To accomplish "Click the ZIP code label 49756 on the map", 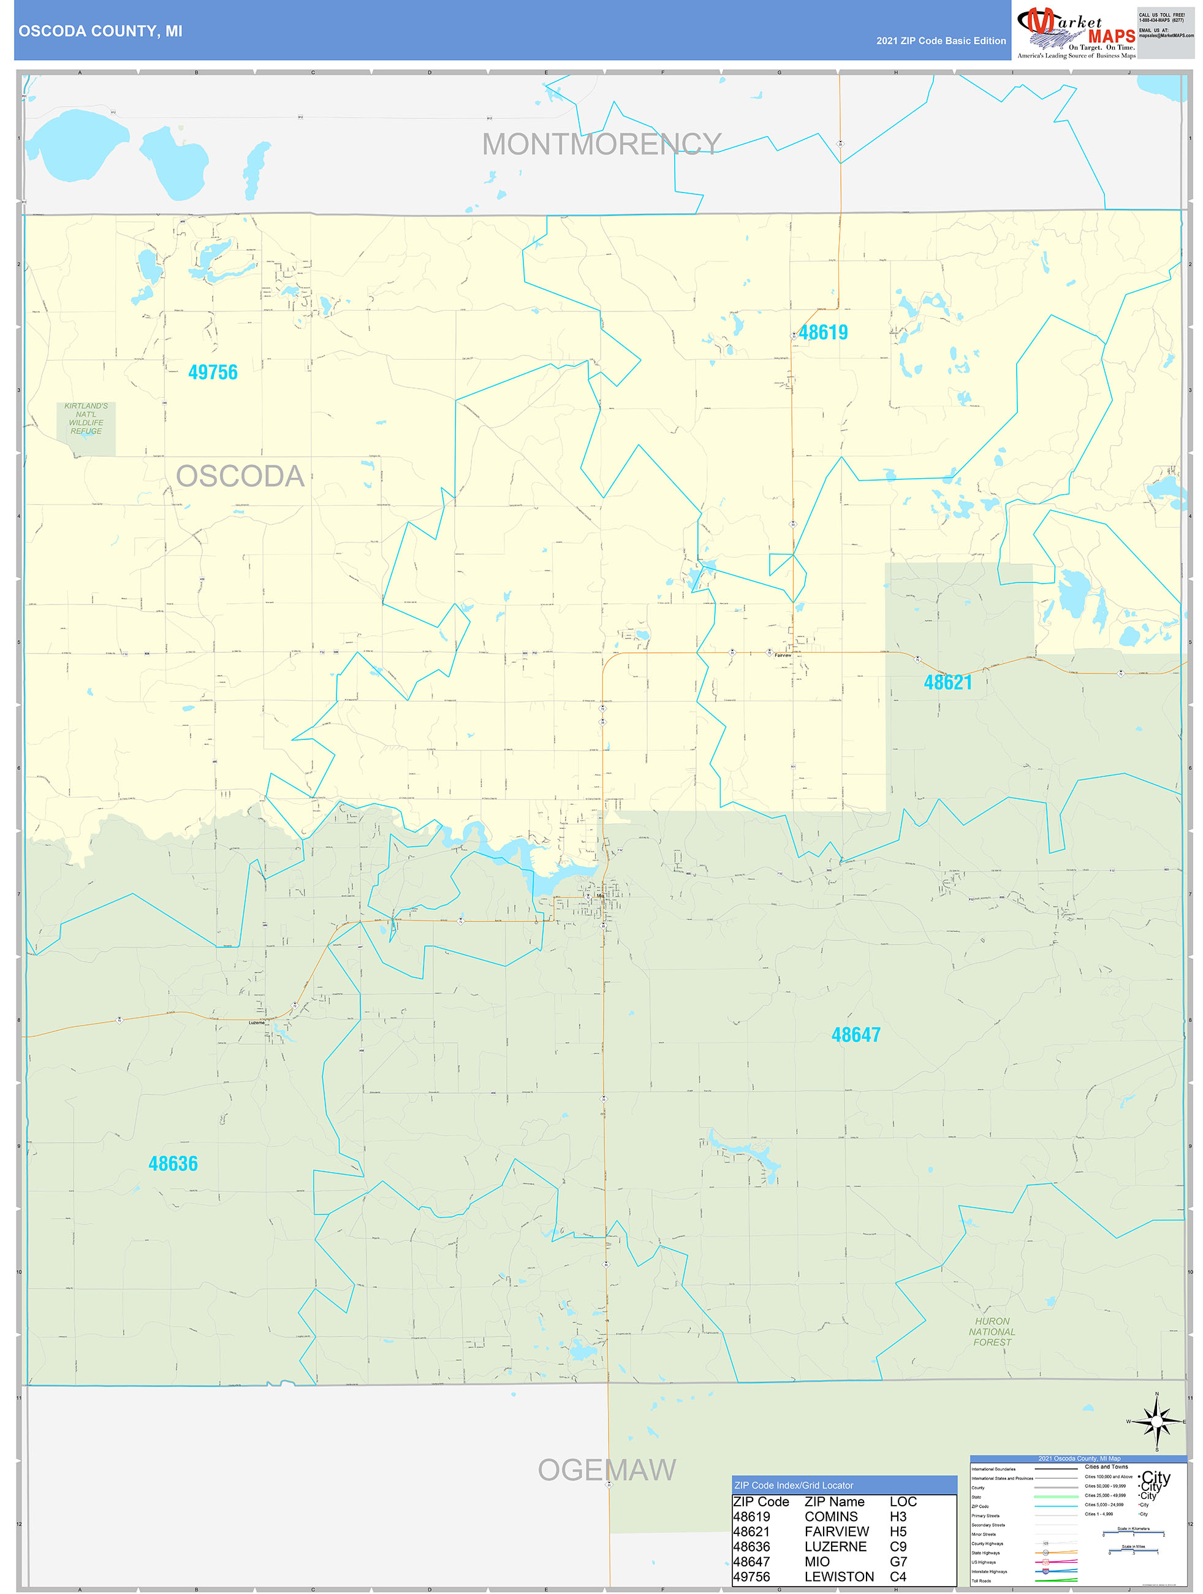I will coord(213,373).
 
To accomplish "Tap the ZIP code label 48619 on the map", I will coord(824,332).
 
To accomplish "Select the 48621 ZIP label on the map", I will coord(947,682).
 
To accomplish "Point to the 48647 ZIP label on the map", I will coord(855,1035).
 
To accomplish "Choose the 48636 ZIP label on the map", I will coord(173,1164).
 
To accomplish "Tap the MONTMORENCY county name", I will coord(602,144).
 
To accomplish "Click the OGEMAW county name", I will coord(607,1471).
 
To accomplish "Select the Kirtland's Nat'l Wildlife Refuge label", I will coord(86,419).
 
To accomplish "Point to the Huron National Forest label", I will coord(992,1332).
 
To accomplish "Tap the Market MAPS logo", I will coord(1076,32).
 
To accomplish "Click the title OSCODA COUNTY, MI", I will coord(100,31).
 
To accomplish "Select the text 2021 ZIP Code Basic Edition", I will coord(941,41).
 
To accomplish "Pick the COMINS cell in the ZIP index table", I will coord(830,1517).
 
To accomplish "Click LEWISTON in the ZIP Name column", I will coord(838,1577).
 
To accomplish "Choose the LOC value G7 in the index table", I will coord(898,1562).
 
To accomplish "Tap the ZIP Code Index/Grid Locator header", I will coord(793,1485).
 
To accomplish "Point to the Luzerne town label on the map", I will coord(256,1023).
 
